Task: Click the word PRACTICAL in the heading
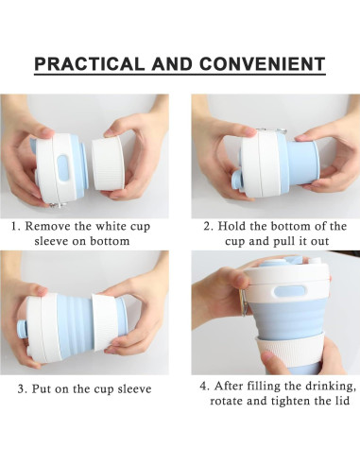tap(90, 64)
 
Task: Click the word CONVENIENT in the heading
tap(262, 64)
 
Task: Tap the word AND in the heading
tap(172, 64)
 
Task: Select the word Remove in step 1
tap(48, 226)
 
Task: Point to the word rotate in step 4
tap(226, 401)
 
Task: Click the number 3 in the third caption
tap(21, 388)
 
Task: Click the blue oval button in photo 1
tap(63, 167)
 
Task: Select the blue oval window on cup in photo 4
tap(290, 291)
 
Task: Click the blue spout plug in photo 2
tap(236, 182)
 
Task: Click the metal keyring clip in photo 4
tap(244, 301)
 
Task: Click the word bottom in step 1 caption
tap(110, 241)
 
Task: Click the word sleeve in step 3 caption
tap(134, 388)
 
